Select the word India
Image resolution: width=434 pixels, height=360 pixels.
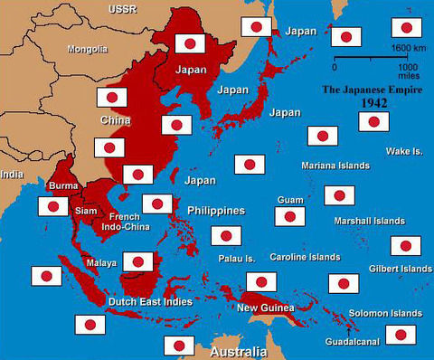(x=12, y=174)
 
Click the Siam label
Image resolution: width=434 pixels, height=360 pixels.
(x=86, y=211)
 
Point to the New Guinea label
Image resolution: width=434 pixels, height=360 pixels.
(x=266, y=308)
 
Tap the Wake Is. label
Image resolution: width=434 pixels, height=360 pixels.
(x=404, y=151)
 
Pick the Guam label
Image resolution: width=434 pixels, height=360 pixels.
(x=289, y=198)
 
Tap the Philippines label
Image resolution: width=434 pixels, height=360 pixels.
(x=216, y=210)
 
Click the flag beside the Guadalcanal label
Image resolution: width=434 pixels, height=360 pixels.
(x=401, y=334)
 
